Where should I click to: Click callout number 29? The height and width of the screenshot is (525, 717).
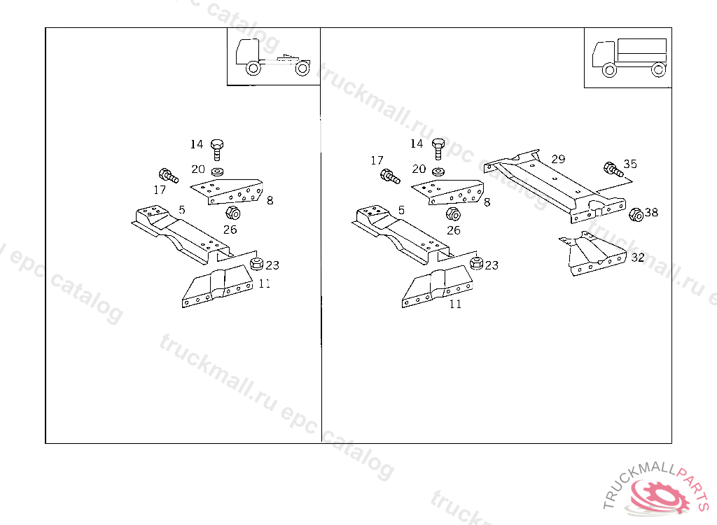558,159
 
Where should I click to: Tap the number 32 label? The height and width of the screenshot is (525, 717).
637,258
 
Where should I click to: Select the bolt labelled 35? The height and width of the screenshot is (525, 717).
613,169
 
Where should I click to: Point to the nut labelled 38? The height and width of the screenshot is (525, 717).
636,214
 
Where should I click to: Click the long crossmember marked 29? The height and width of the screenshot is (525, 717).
555,185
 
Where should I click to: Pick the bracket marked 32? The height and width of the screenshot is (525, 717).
592,254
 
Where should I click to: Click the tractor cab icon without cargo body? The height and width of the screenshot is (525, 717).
273,57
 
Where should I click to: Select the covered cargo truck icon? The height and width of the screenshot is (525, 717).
629,57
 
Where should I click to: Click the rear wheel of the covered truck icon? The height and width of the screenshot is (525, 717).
658,70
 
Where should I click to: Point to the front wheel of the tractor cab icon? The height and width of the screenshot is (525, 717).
253,69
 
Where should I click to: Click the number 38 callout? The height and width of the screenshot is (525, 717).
651,212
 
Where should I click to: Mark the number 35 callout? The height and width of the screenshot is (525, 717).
630,164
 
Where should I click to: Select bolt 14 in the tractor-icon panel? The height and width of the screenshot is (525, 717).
217,150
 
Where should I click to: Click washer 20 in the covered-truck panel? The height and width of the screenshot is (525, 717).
438,171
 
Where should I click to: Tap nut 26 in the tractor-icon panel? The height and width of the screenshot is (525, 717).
232,213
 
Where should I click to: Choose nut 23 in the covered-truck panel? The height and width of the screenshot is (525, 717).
476,263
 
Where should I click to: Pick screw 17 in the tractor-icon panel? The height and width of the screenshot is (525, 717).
168,176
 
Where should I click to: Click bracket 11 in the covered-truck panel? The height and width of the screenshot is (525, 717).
437,288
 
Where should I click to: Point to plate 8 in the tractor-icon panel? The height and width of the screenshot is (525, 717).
227,191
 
